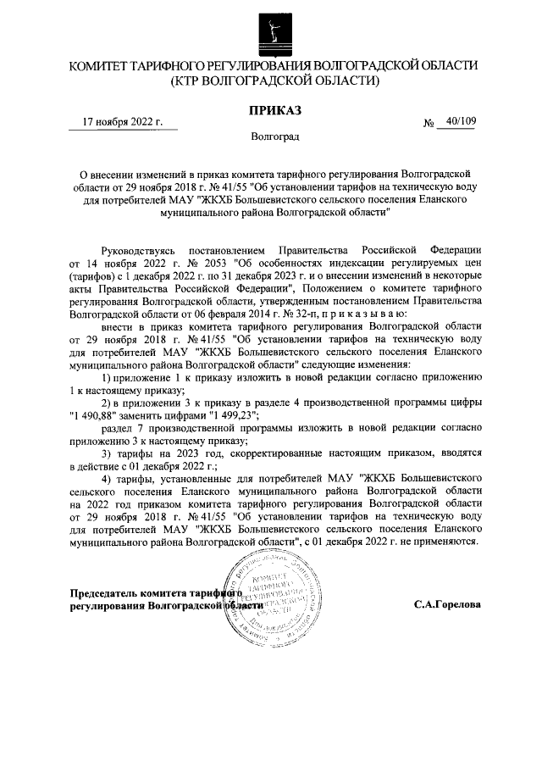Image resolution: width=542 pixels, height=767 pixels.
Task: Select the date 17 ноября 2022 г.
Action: click(122, 121)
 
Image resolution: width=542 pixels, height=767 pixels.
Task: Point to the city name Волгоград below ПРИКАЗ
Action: click(274, 136)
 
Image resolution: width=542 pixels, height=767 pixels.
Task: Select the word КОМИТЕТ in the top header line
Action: click(100, 65)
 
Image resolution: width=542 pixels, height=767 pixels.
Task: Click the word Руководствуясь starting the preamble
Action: click(138, 251)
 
